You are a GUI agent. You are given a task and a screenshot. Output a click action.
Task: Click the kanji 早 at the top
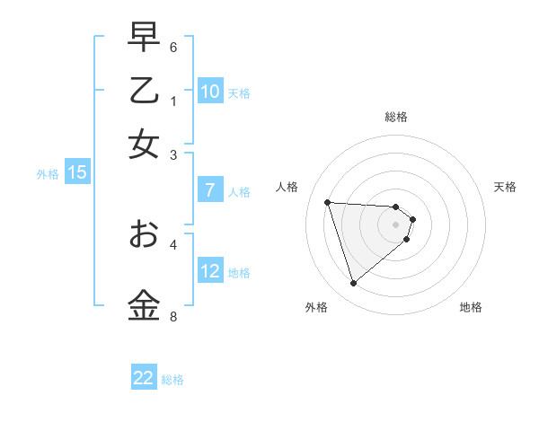(x=144, y=37)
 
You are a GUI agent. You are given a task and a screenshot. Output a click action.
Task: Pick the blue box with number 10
(x=210, y=92)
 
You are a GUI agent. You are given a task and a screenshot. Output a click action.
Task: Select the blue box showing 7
(x=210, y=190)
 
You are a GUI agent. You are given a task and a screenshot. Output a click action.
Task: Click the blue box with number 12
(x=210, y=271)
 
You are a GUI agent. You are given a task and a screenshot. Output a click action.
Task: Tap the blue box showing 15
(x=77, y=173)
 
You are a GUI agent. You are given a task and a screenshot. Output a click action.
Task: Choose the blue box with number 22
(x=144, y=378)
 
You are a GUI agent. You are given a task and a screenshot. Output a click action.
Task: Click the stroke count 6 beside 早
(x=173, y=47)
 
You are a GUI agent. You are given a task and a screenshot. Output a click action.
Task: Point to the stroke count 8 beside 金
(x=173, y=316)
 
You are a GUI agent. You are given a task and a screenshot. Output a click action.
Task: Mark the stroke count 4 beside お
(x=173, y=243)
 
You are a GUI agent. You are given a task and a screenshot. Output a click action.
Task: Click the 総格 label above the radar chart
(x=396, y=117)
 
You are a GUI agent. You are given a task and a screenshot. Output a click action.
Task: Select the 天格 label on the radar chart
(x=506, y=187)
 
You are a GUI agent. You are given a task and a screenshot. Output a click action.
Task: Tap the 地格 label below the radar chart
(x=471, y=307)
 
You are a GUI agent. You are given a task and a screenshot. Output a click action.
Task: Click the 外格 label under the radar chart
(x=316, y=307)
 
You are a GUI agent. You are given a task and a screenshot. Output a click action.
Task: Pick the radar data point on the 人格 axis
(x=327, y=202)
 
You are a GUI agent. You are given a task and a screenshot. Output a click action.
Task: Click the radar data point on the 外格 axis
(x=353, y=284)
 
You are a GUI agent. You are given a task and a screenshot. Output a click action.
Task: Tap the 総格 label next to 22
(x=172, y=380)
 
